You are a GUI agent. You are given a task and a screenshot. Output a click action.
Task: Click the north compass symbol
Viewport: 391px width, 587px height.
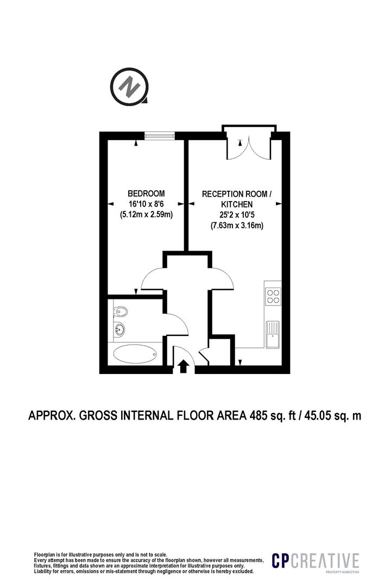click(129, 87)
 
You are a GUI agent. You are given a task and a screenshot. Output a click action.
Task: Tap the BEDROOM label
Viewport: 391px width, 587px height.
click(146, 193)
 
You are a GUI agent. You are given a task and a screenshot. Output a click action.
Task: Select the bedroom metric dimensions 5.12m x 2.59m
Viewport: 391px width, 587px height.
click(146, 215)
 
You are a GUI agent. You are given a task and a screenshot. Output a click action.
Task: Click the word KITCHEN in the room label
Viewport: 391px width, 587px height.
click(237, 204)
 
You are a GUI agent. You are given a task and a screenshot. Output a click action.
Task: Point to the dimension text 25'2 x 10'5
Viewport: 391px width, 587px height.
click(237, 215)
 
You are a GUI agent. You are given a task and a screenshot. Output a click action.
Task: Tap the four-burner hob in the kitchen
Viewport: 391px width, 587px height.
click(273, 296)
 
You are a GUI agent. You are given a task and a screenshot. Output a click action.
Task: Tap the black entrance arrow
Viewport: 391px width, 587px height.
click(183, 367)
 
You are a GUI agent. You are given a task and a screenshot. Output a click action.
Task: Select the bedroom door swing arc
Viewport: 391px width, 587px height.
click(154, 279)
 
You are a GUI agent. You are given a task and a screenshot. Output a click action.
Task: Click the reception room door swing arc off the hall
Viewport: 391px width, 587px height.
click(223, 279)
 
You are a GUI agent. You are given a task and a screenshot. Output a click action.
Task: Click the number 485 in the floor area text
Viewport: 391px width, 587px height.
click(259, 416)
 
